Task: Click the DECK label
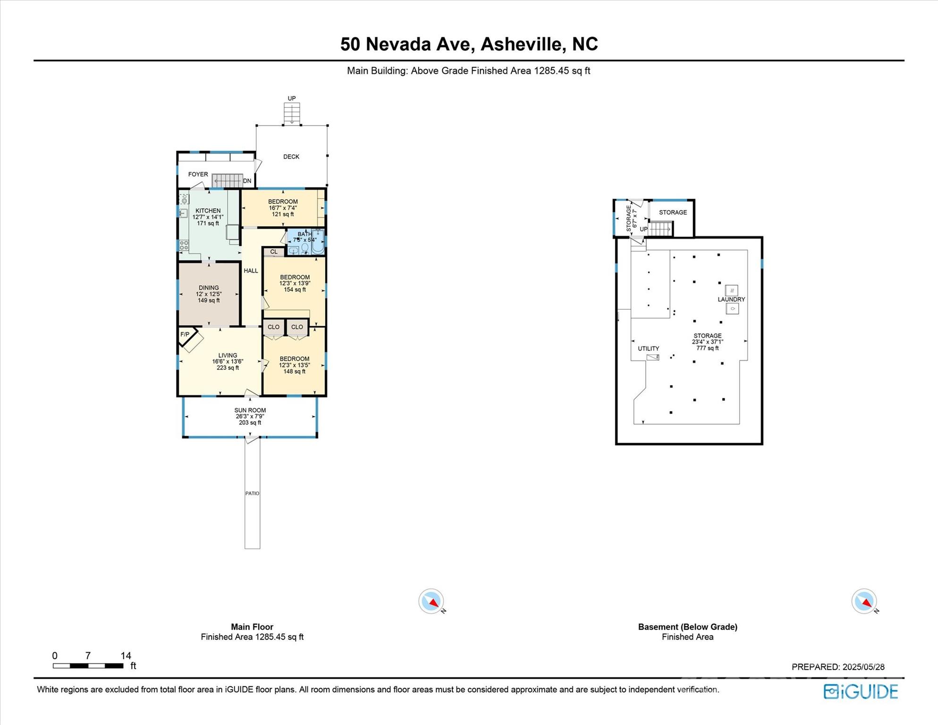(291, 157)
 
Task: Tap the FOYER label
(198, 174)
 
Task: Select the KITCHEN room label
(208, 211)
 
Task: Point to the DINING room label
(209, 287)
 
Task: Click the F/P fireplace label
(185, 335)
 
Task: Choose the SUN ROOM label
(250, 410)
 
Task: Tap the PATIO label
(252, 493)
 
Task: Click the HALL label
(251, 271)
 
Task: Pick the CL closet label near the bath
(274, 252)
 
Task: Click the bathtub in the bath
(318, 242)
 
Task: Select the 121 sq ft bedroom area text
(283, 214)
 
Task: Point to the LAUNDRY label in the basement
(731, 299)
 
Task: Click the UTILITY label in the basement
(648, 348)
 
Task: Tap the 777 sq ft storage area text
(708, 348)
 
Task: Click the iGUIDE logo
(861, 691)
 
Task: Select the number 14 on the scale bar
(126, 656)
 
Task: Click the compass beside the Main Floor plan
(431, 601)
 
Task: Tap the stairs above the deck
(292, 114)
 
